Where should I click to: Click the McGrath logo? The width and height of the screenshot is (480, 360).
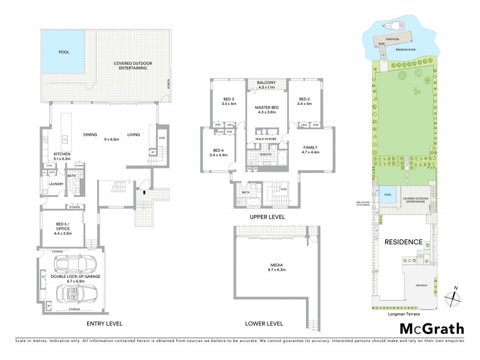click(431, 328)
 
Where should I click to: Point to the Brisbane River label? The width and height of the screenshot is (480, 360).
click(404, 50)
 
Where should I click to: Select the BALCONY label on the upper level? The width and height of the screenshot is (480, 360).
click(266, 83)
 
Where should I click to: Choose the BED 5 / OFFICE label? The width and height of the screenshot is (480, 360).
click(62, 229)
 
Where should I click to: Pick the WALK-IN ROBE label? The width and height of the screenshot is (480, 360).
click(265, 139)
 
